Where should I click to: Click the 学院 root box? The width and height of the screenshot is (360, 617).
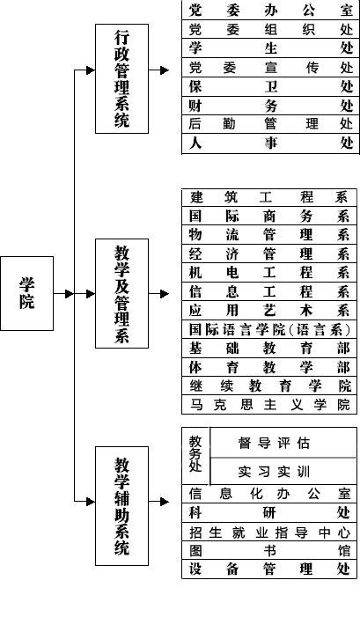click(26, 293)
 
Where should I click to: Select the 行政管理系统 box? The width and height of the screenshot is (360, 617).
click(122, 78)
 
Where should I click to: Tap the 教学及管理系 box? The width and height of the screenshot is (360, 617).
click(122, 293)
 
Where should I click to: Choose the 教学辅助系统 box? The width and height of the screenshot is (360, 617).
click(122, 505)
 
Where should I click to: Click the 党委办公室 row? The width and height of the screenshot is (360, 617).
click(271, 10)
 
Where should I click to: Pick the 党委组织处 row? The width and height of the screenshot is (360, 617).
click(271, 29)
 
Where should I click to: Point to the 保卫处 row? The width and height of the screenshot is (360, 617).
click(271, 86)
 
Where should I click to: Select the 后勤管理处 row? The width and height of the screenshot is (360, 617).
click(271, 124)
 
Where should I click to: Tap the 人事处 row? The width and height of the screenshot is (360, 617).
click(271, 143)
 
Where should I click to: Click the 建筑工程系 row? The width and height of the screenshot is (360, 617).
click(269, 197)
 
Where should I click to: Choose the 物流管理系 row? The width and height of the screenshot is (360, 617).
click(269, 235)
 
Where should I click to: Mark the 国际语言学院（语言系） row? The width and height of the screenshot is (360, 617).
click(269, 330)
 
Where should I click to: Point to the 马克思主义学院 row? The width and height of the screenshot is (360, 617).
click(269, 405)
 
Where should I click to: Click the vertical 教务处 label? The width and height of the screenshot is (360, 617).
click(195, 453)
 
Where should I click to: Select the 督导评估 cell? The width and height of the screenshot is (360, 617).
click(275, 443)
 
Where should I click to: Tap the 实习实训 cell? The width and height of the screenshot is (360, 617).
click(275, 472)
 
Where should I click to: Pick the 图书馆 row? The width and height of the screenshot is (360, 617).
click(269, 550)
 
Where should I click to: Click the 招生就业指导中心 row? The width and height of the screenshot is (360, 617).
click(269, 533)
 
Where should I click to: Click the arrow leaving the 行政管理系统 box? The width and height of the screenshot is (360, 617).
click(159, 70)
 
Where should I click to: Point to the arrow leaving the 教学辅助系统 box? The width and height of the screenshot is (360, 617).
click(159, 502)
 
